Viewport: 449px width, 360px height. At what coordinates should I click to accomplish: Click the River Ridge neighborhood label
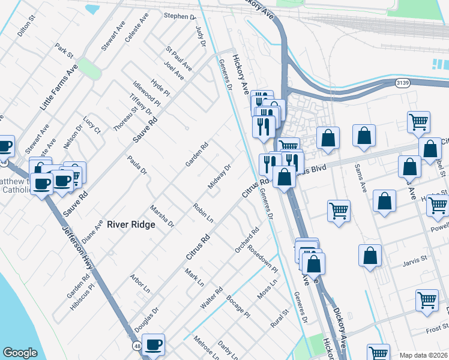tap(131, 224)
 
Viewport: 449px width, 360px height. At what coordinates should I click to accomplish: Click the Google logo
tap(20, 353)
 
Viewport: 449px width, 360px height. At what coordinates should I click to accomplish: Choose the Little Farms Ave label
tap(59, 88)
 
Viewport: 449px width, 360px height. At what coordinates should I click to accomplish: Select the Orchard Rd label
tap(247, 239)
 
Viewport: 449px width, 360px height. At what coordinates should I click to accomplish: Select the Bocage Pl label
tap(238, 305)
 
